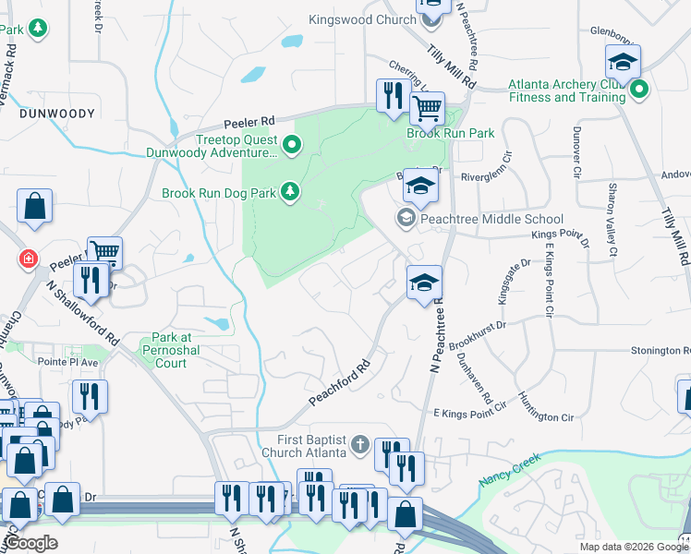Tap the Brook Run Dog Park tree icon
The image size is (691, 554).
[x=291, y=191]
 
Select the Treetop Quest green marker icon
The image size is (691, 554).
[x=292, y=144]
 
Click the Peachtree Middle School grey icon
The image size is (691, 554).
[x=405, y=219]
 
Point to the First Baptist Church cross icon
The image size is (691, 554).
[x=359, y=445]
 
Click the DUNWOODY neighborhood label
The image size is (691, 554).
[x=55, y=113]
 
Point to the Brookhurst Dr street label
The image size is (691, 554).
[x=482, y=334]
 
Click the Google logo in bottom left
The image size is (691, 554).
[x=30, y=542]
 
